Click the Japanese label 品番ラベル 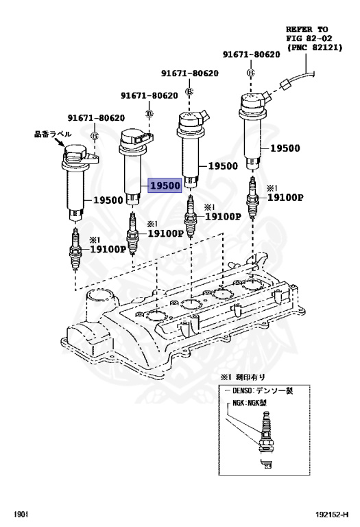click(x=50, y=134)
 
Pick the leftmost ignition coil click(x=73, y=178)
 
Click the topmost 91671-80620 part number click(x=250, y=54)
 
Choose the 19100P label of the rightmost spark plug click(x=285, y=198)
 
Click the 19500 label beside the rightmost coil click(x=284, y=148)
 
